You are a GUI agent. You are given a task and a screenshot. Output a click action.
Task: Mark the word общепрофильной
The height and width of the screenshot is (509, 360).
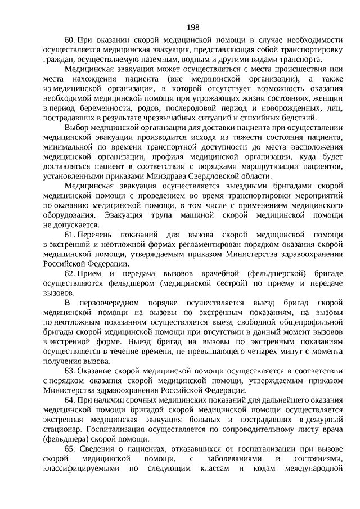283,322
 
